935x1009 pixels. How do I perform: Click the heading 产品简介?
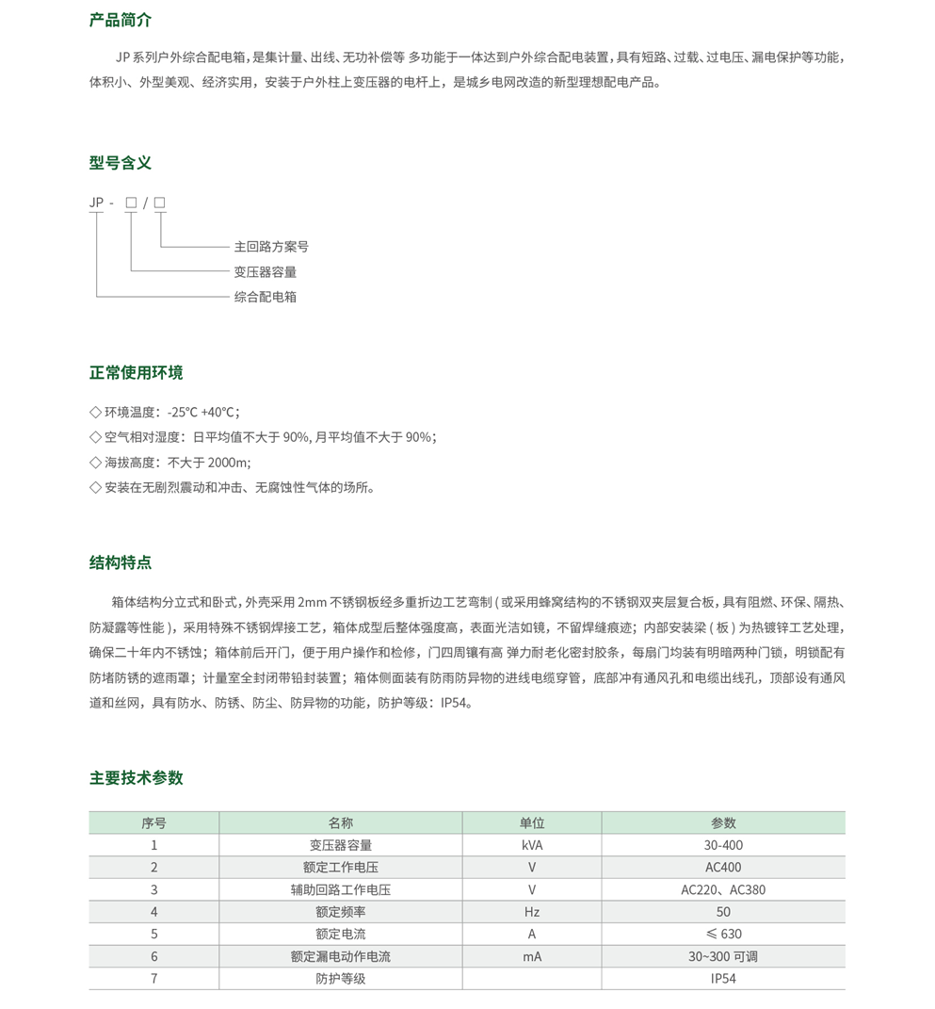120,20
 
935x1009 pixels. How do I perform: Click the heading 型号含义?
120,163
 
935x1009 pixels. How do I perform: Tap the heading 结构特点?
120,562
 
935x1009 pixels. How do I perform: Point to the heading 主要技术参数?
136,778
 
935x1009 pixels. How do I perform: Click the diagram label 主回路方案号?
271,247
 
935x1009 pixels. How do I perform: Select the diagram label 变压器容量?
266,272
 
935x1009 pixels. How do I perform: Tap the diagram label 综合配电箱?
266,297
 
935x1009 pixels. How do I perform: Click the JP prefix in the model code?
96,203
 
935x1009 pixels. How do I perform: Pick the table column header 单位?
532,822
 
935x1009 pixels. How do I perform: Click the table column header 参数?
723,822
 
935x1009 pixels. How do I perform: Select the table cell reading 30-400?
723,845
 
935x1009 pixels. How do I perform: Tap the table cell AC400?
723,868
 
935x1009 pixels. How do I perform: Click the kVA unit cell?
532,845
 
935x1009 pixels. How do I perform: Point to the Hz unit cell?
532,912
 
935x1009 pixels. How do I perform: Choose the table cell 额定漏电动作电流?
341,956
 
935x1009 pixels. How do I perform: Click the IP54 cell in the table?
723,979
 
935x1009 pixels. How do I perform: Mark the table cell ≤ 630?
723,935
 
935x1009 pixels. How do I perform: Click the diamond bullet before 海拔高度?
95,463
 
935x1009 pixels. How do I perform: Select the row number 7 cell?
154,979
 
